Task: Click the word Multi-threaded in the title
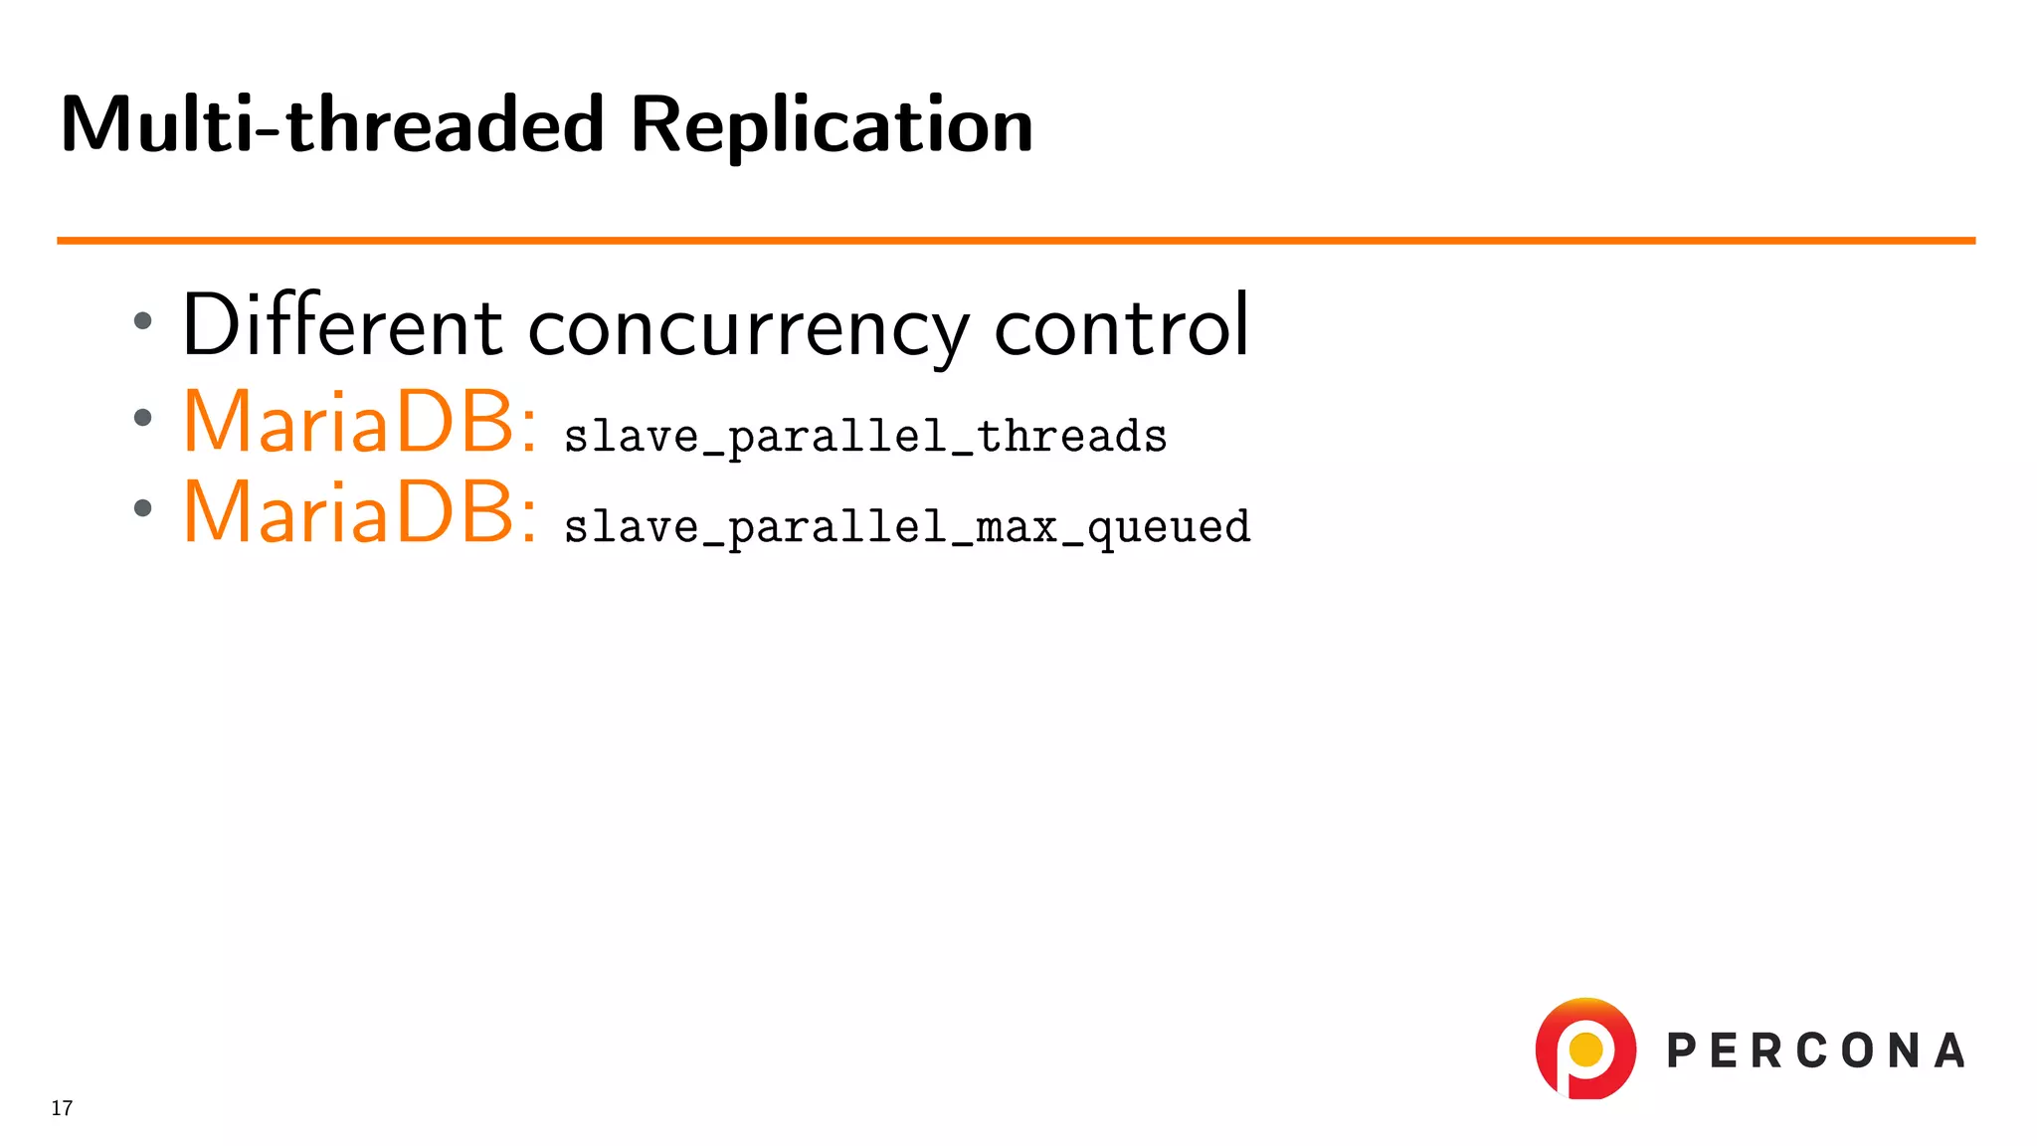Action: pos(332,125)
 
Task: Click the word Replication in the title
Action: pos(832,125)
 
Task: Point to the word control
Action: pos(1121,326)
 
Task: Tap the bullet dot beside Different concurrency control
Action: pos(143,320)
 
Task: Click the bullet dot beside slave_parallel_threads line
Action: pos(143,418)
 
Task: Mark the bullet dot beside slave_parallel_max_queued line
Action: pos(143,508)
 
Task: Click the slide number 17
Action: pos(62,1108)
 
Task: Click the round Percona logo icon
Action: pos(1585,1049)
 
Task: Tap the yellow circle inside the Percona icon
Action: pos(1585,1049)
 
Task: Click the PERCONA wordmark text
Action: pos(1816,1051)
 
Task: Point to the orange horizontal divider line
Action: pos(1015,241)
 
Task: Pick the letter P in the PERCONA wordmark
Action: pos(1682,1051)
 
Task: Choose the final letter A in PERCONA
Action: pos(1949,1051)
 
